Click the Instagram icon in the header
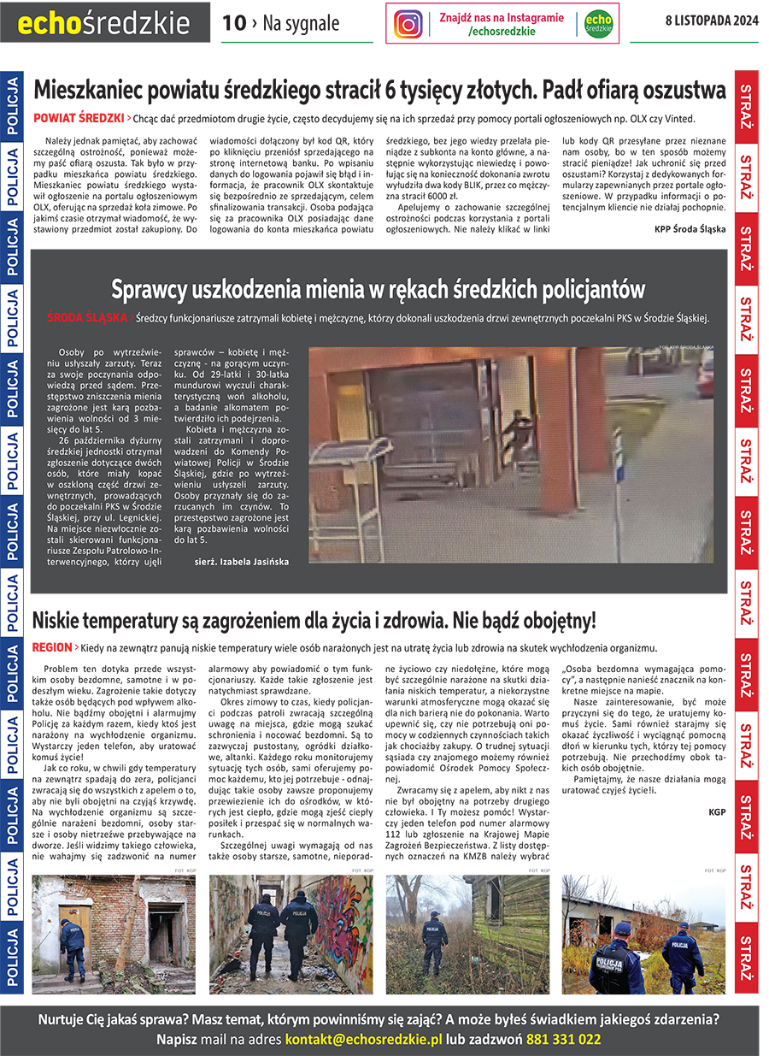tap(408, 24)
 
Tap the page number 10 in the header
tap(233, 24)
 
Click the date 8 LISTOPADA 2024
tap(712, 21)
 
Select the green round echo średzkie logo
tap(598, 24)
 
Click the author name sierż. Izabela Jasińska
tap(242, 562)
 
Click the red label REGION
tap(51, 647)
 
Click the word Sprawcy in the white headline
tap(155, 289)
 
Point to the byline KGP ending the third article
tap(716, 812)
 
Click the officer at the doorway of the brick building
tap(73, 947)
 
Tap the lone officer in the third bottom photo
tap(435, 942)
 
